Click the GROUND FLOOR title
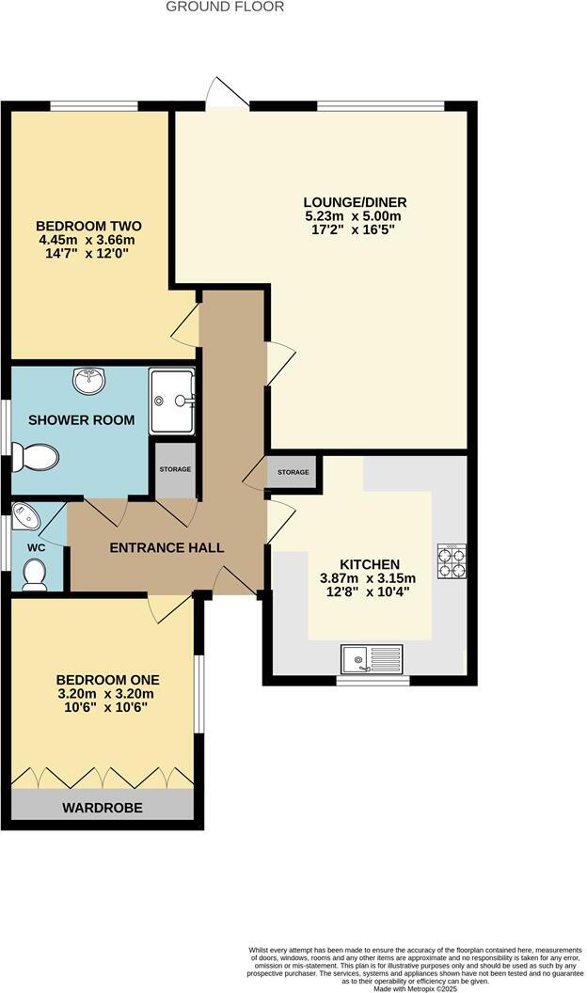[225, 7]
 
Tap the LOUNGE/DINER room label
[355, 202]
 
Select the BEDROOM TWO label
[88, 226]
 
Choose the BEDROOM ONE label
[107, 680]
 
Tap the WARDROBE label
[103, 808]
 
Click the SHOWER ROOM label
[81, 420]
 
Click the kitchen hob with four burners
[452, 560]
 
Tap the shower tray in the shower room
[171, 400]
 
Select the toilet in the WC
[35, 574]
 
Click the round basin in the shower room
[89, 381]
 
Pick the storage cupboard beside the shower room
[174, 469]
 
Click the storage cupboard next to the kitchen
[292, 473]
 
